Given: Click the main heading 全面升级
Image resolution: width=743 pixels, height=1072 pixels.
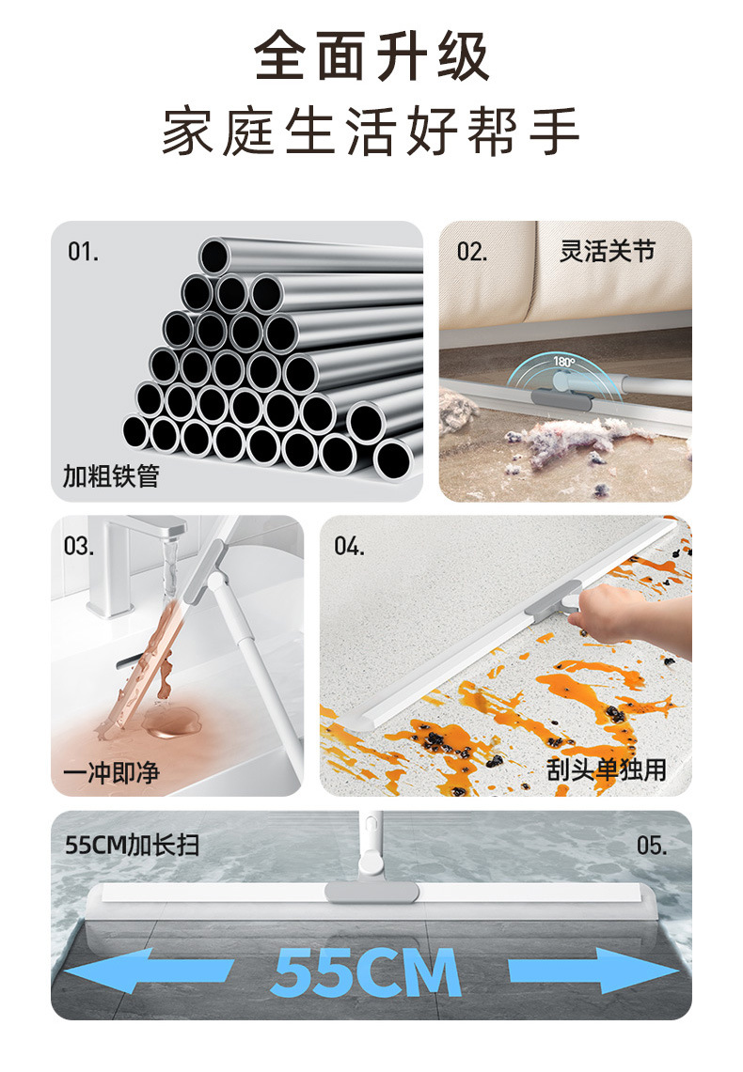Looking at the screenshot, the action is point(371,56).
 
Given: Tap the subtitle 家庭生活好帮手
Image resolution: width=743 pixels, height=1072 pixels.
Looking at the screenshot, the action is point(371,130).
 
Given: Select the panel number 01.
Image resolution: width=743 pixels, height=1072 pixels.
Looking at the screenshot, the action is point(83,252).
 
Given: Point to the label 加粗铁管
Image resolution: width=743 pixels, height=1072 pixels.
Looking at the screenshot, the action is point(111,475).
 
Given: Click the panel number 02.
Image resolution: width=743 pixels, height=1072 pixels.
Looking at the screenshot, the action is point(472,252).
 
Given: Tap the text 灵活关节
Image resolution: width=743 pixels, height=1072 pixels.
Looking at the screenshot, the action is point(608,251).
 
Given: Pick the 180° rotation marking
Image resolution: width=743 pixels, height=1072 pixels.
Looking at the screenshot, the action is point(564,361).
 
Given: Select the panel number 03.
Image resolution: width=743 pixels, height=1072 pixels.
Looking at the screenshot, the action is point(79,546).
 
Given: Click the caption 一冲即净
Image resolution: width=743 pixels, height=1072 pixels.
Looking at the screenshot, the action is point(111,772).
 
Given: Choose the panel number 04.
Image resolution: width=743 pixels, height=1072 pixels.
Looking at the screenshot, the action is point(350,546).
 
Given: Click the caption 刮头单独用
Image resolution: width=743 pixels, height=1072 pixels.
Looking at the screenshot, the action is point(607,769).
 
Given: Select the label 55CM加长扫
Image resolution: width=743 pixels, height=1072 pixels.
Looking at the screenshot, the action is point(132,845).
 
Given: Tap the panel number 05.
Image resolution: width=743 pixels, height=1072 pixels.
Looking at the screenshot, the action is point(652,846).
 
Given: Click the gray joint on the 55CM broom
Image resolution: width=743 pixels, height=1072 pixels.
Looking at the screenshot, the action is point(372,892).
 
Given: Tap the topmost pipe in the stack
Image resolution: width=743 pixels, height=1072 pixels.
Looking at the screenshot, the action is point(311,256).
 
